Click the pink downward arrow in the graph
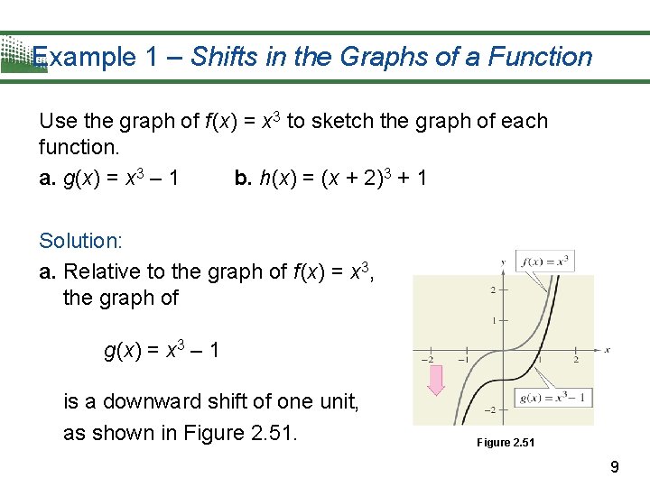[436, 380]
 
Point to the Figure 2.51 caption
[506, 443]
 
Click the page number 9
[615, 467]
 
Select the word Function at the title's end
[540, 57]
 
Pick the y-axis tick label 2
[492, 289]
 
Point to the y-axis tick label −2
[489, 410]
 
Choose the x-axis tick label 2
[576, 359]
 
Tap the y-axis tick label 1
[492, 320]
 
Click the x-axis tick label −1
[463, 359]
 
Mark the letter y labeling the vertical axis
[502, 262]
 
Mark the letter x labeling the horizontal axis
[608, 350]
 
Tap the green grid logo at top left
[20, 54]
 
